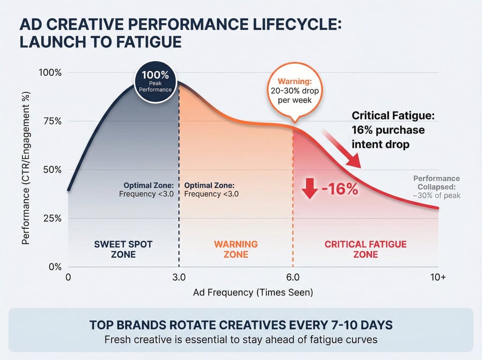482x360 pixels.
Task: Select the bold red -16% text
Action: coord(339,188)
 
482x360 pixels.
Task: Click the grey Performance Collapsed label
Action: coord(437,187)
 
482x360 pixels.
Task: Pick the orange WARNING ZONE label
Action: coord(236,249)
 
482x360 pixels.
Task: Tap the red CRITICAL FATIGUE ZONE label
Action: coord(366,249)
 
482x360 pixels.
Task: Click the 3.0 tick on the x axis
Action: coord(179,277)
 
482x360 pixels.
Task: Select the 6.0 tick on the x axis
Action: coord(293,277)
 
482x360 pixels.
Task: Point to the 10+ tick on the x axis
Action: coord(438,277)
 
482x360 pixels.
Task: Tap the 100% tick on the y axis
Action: coord(49,73)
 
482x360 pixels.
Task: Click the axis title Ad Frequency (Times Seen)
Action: coord(253,292)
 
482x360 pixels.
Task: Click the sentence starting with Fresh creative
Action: coord(241,339)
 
